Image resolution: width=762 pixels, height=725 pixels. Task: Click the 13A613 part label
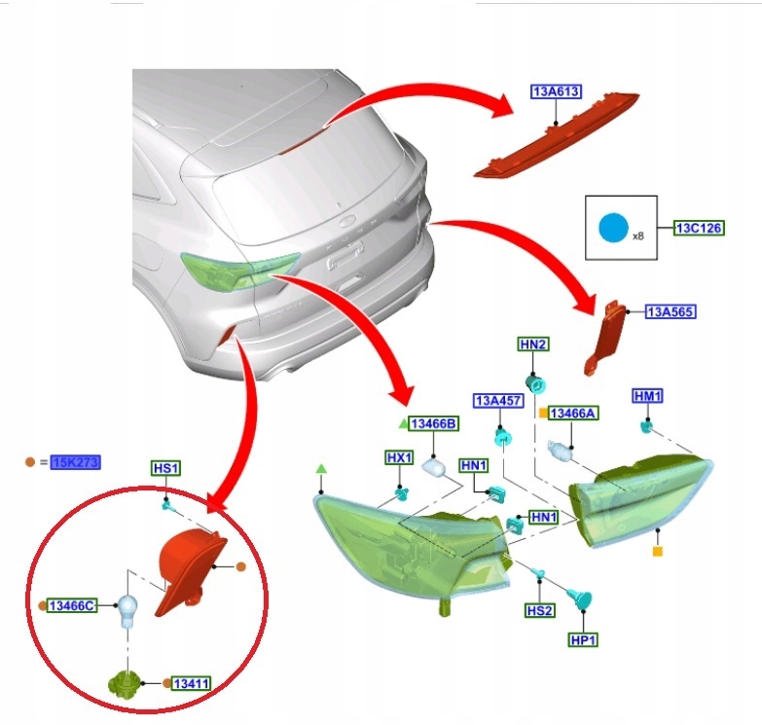point(556,92)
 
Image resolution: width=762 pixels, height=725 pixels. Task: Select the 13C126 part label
point(701,229)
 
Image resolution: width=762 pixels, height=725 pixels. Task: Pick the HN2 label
point(533,344)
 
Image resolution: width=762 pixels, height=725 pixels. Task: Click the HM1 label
point(647,396)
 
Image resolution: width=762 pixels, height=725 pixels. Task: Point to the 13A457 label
point(498,401)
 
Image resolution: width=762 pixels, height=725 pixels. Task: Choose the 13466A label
point(574,414)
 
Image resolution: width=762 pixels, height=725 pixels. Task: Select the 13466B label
point(434,423)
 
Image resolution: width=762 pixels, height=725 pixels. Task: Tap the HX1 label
point(400,457)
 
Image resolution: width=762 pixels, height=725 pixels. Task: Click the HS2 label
point(539,610)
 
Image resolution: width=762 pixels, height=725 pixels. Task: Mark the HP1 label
point(583,640)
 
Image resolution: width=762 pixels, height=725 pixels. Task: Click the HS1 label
point(165,468)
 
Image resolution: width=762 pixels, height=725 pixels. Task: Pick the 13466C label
point(72,606)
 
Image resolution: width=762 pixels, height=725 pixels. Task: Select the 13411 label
point(193,684)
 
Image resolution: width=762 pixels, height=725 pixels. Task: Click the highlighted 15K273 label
point(76,461)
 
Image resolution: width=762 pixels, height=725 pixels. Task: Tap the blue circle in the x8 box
point(613,229)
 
